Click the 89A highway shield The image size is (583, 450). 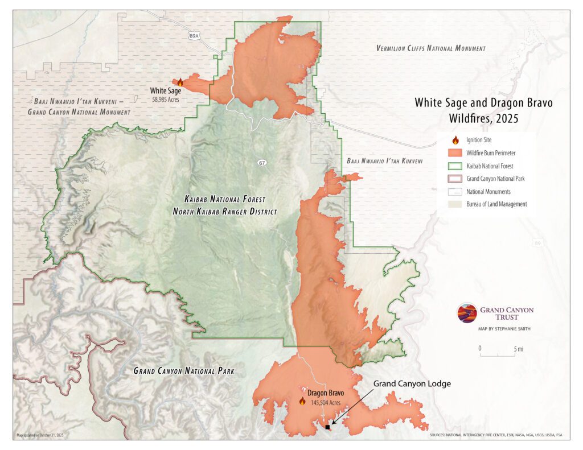194,36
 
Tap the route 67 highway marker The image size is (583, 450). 261,163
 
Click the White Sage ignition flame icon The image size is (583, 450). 180,82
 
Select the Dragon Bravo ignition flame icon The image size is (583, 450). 302,401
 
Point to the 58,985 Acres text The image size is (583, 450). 165,98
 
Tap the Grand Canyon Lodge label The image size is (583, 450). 412,384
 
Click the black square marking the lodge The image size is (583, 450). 327,427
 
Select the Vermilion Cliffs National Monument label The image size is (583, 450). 431,48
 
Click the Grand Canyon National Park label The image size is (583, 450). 183,371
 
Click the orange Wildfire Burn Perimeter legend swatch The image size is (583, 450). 454,152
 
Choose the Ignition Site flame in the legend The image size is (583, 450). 454,140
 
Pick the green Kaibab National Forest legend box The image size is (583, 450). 454,166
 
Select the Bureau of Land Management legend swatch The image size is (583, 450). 454,204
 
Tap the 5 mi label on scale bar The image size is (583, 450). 518,348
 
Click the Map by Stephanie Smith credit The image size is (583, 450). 504,329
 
